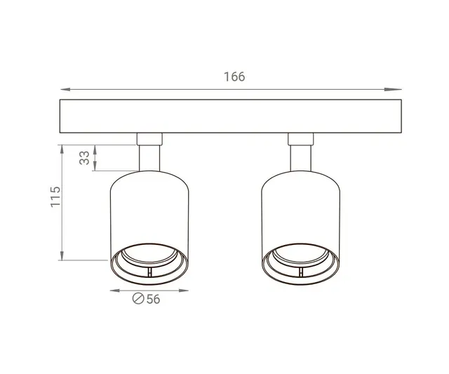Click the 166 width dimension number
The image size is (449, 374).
235,76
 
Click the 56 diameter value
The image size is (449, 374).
153,299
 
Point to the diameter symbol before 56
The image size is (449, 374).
138,299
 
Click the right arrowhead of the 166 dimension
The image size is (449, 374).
398,89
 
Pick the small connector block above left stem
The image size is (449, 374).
149,138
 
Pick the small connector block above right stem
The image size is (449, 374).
300,138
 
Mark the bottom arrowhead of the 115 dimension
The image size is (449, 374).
62,257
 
